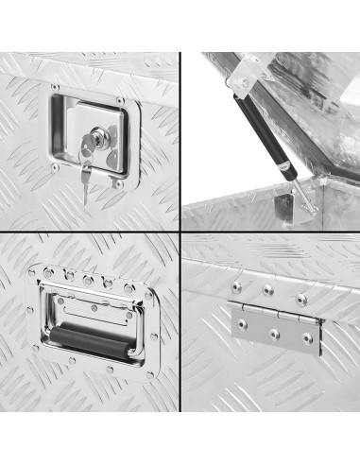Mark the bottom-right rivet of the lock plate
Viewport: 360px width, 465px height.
click(120, 185)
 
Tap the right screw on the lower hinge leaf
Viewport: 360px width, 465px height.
click(304, 341)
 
